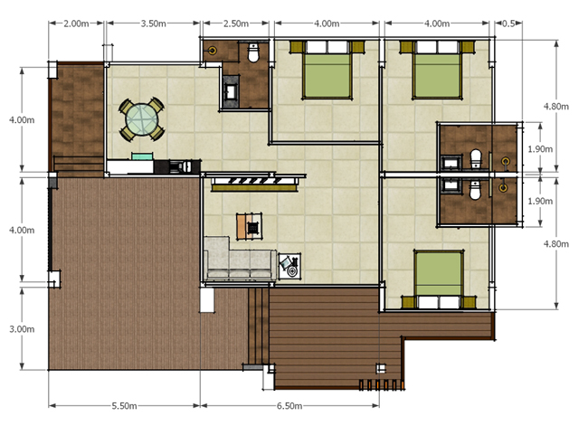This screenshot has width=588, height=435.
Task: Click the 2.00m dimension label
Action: coord(76,24)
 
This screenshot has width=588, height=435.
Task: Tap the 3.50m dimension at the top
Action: coord(154,24)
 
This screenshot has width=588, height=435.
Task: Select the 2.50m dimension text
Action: coord(236,24)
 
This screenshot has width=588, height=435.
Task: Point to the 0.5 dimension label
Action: coord(508,24)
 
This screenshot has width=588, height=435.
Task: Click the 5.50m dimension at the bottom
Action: coord(124,406)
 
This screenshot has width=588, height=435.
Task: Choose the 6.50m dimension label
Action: coord(289,406)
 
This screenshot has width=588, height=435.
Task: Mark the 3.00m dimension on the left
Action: coord(22,329)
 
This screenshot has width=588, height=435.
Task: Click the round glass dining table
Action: coord(142,120)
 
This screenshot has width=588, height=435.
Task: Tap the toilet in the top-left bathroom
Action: coord(254,52)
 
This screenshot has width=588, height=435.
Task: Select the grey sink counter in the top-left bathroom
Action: coord(231,92)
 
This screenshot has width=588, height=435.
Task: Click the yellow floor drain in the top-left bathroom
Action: coord(213,50)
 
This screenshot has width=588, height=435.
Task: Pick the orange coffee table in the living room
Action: coord(250,226)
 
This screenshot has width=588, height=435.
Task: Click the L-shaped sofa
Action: coord(240,259)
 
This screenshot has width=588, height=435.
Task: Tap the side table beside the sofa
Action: coord(289,266)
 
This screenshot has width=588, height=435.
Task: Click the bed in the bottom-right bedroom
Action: coord(439,279)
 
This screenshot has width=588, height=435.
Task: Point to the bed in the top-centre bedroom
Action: coord(327,70)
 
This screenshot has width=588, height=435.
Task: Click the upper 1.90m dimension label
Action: coord(540,149)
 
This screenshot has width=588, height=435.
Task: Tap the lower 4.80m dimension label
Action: coord(556,244)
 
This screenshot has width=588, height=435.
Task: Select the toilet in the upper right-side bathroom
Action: coord(476,158)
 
